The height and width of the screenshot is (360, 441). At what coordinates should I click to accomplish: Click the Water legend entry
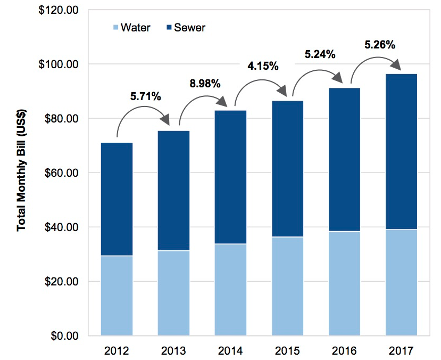point(130,27)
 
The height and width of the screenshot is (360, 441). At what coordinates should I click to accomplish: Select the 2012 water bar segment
point(117,296)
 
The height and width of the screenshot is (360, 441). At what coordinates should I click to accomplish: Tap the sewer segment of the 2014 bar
point(231,177)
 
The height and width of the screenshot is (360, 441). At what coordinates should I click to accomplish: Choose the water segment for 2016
point(344,283)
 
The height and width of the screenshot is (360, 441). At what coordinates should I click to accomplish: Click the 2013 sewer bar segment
point(173,191)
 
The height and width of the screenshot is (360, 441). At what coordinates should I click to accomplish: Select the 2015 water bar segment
point(287,286)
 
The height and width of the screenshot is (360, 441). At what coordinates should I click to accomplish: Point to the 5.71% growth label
point(145,96)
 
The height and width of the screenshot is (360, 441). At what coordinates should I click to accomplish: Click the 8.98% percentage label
point(205,83)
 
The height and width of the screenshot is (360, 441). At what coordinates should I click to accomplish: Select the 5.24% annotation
point(319,54)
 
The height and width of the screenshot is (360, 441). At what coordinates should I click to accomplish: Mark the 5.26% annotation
point(379,45)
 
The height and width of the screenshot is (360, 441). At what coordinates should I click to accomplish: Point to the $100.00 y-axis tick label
point(59,64)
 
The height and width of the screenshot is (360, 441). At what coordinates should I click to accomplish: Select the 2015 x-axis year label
point(287,351)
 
